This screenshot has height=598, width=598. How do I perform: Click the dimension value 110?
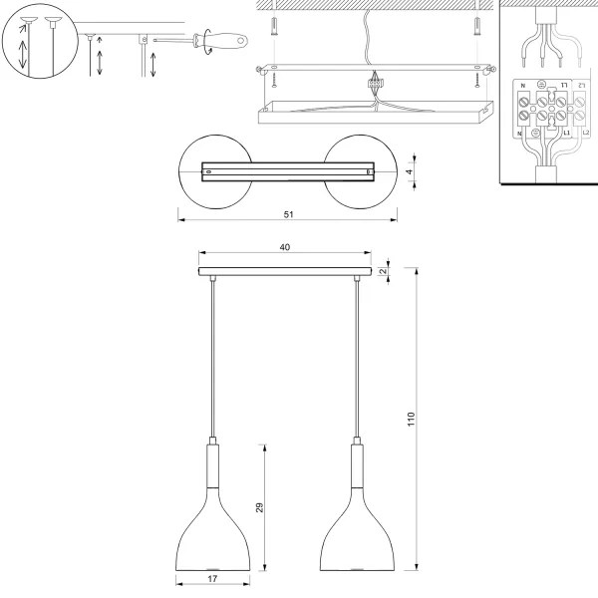point(410,422)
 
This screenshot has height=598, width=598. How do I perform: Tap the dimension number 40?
point(285,247)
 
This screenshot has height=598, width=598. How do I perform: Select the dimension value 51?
point(288,213)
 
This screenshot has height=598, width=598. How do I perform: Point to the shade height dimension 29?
point(259,507)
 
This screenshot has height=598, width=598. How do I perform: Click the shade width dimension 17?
point(212,579)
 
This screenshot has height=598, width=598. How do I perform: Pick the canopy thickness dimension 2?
point(383,271)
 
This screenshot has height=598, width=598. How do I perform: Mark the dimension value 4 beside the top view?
point(410,171)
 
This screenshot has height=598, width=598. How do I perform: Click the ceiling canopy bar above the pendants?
point(285,272)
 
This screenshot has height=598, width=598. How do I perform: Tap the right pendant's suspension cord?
point(357,359)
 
